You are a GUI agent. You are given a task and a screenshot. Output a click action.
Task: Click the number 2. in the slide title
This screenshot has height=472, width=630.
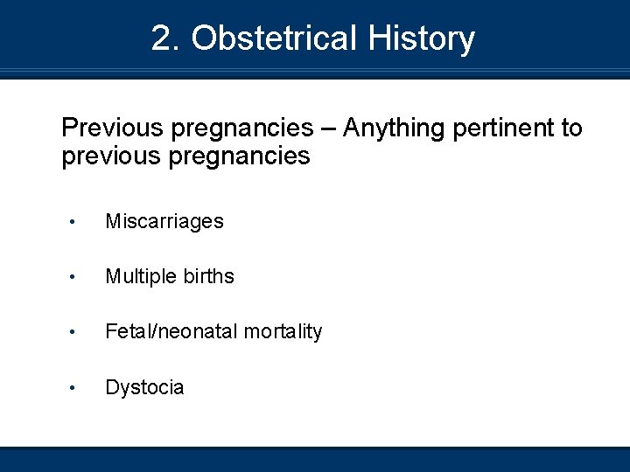(x=166, y=38)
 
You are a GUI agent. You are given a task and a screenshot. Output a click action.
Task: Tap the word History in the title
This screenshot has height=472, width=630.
(x=421, y=38)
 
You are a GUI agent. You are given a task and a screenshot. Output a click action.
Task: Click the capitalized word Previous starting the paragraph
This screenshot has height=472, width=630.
(x=113, y=128)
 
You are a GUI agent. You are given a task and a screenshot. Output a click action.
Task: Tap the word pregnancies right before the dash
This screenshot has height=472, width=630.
(x=241, y=129)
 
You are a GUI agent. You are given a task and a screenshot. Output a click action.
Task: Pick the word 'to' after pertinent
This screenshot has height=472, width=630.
(x=571, y=128)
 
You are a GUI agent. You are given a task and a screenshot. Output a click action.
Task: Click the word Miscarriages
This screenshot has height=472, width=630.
(x=164, y=222)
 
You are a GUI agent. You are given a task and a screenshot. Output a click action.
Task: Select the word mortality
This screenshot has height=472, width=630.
(x=283, y=331)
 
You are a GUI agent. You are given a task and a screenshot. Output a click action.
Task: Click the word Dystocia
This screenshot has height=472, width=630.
(x=144, y=387)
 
